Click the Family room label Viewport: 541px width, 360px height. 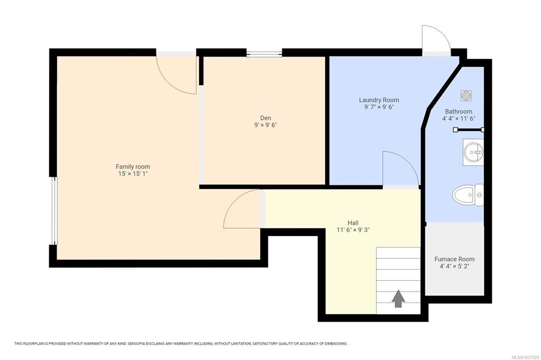click(x=133, y=167)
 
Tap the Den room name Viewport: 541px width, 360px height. click(x=266, y=118)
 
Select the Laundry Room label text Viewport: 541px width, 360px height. click(x=379, y=100)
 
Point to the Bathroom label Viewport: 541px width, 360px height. click(x=459, y=111)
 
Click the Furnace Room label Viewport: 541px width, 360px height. click(x=454, y=259)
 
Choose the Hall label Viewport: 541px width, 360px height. click(x=353, y=223)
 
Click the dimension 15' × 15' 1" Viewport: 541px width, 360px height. click(x=133, y=174)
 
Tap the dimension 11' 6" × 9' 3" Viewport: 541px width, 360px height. click(x=353, y=230)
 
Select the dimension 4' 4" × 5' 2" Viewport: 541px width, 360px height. click(x=454, y=266)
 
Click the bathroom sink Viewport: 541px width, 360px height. click(x=473, y=152)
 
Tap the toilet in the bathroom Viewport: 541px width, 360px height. click(x=468, y=195)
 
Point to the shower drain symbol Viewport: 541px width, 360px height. click(x=466, y=96)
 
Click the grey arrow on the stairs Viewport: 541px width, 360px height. click(x=398, y=298)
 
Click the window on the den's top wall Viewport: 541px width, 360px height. click(x=264, y=53)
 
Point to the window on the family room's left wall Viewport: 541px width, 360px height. click(x=53, y=211)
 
